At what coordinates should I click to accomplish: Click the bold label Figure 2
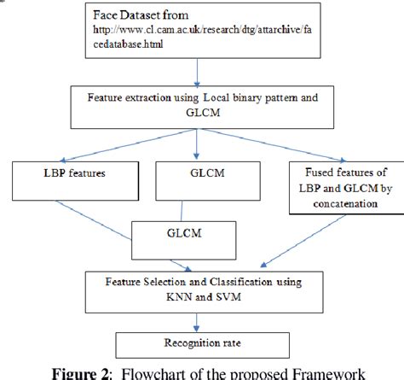point(86,371)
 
